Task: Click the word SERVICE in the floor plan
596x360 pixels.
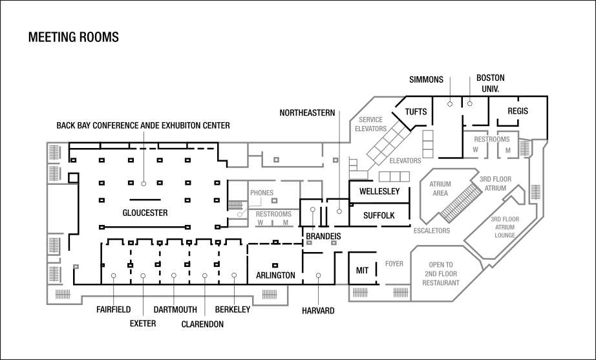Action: coord(370,120)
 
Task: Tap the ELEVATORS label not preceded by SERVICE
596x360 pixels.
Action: coord(405,161)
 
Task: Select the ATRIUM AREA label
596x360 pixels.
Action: coord(440,188)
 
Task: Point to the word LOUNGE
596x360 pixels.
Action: coord(505,235)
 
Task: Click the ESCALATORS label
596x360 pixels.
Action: coord(432,231)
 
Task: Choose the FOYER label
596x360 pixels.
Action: coord(394,264)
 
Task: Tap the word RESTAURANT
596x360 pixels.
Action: coord(441,283)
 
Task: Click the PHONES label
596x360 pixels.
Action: coord(262,193)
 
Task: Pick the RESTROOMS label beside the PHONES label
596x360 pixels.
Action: coord(273,214)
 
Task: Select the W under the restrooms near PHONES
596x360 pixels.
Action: coord(261,223)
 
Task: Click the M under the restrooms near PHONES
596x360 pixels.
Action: coord(285,223)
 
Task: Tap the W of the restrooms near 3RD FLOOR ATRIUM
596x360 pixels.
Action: coord(475,150)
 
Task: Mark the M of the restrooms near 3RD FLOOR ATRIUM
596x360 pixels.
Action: coord(508,150)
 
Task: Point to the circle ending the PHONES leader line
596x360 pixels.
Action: coord(240,214)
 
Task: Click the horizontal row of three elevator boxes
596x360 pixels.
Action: coord(394,176)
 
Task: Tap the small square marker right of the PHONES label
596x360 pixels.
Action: coord(275,201)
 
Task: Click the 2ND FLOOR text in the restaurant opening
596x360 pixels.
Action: coord(441,274)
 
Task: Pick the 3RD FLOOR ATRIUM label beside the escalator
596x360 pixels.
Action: coord(495,183)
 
